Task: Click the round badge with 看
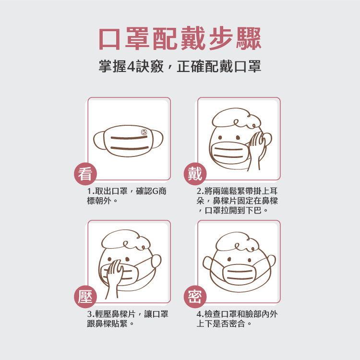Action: click(85, 174)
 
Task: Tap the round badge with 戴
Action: click(195, 174)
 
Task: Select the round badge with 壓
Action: click(85, 297)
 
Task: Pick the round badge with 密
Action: click(195, 297)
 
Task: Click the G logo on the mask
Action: click(144, 132)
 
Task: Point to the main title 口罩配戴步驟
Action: click(180, 38)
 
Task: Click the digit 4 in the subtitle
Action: click(131, 67)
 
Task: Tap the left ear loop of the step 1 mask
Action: click(99, 140)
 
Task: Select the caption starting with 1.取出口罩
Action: click(127, 196)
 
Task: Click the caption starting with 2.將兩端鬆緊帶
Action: click(237, 201)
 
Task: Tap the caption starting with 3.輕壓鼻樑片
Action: click(128, 319)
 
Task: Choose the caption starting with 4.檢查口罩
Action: click(237, 319)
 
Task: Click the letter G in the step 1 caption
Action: click(155, 191)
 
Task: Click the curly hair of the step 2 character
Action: click(237, 118)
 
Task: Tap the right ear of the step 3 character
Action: click(156, 261)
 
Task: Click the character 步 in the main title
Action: click(221, 38)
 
